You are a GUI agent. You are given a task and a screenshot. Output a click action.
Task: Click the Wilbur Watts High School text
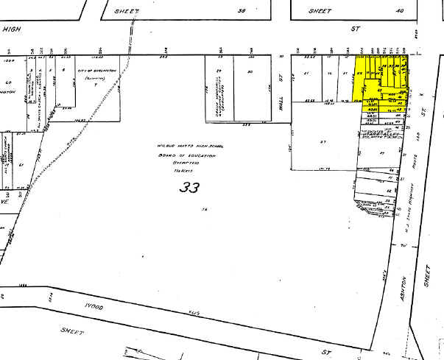tap(188, 147)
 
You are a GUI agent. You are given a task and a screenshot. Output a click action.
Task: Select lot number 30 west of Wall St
tap(250, 71)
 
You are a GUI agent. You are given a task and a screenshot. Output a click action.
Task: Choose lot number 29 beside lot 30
tap(219, 71)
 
